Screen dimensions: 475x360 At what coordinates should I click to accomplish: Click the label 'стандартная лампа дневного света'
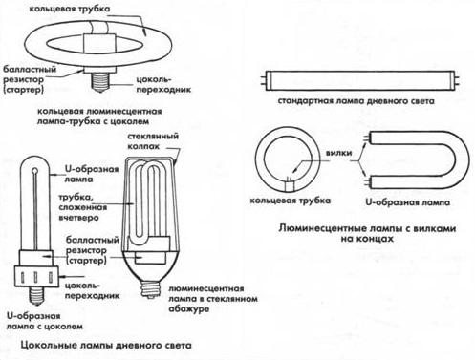pos(356,101)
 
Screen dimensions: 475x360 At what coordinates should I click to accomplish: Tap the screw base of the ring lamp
pos(101,82)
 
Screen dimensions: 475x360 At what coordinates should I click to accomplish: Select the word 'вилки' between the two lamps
pos(338,153)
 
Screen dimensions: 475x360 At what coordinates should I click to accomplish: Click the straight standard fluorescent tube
pos(362,81)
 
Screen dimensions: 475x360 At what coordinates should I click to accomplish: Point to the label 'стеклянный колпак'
pos(153,141)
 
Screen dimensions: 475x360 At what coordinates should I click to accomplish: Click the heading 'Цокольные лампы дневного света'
pos(106,345)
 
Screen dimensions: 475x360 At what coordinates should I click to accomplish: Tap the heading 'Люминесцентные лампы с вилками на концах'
pos(367,233)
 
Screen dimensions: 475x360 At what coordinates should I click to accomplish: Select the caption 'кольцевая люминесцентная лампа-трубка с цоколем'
pos(99,116)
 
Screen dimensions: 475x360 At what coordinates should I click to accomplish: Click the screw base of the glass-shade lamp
pos(150,288)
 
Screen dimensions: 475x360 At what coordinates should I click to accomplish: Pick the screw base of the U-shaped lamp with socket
pos(36,294)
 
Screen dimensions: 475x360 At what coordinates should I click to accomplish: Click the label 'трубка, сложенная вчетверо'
pos(83,207)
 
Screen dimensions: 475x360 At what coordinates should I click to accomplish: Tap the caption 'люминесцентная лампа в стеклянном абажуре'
pos(212,299)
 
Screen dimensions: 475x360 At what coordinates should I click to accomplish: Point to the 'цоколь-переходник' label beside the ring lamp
pos(163,84)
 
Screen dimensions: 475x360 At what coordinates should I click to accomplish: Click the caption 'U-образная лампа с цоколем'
pos(45,321)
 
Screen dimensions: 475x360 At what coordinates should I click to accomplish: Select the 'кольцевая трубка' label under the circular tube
pos(290,201)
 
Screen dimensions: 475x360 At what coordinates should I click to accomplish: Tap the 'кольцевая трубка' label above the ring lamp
pos(70,9)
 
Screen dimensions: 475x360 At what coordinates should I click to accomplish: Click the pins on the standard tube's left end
pos(263,81)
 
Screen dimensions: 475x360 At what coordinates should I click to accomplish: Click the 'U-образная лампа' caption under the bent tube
pos(407,202)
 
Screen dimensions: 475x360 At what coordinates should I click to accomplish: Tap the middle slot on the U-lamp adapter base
pos(36,277)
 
